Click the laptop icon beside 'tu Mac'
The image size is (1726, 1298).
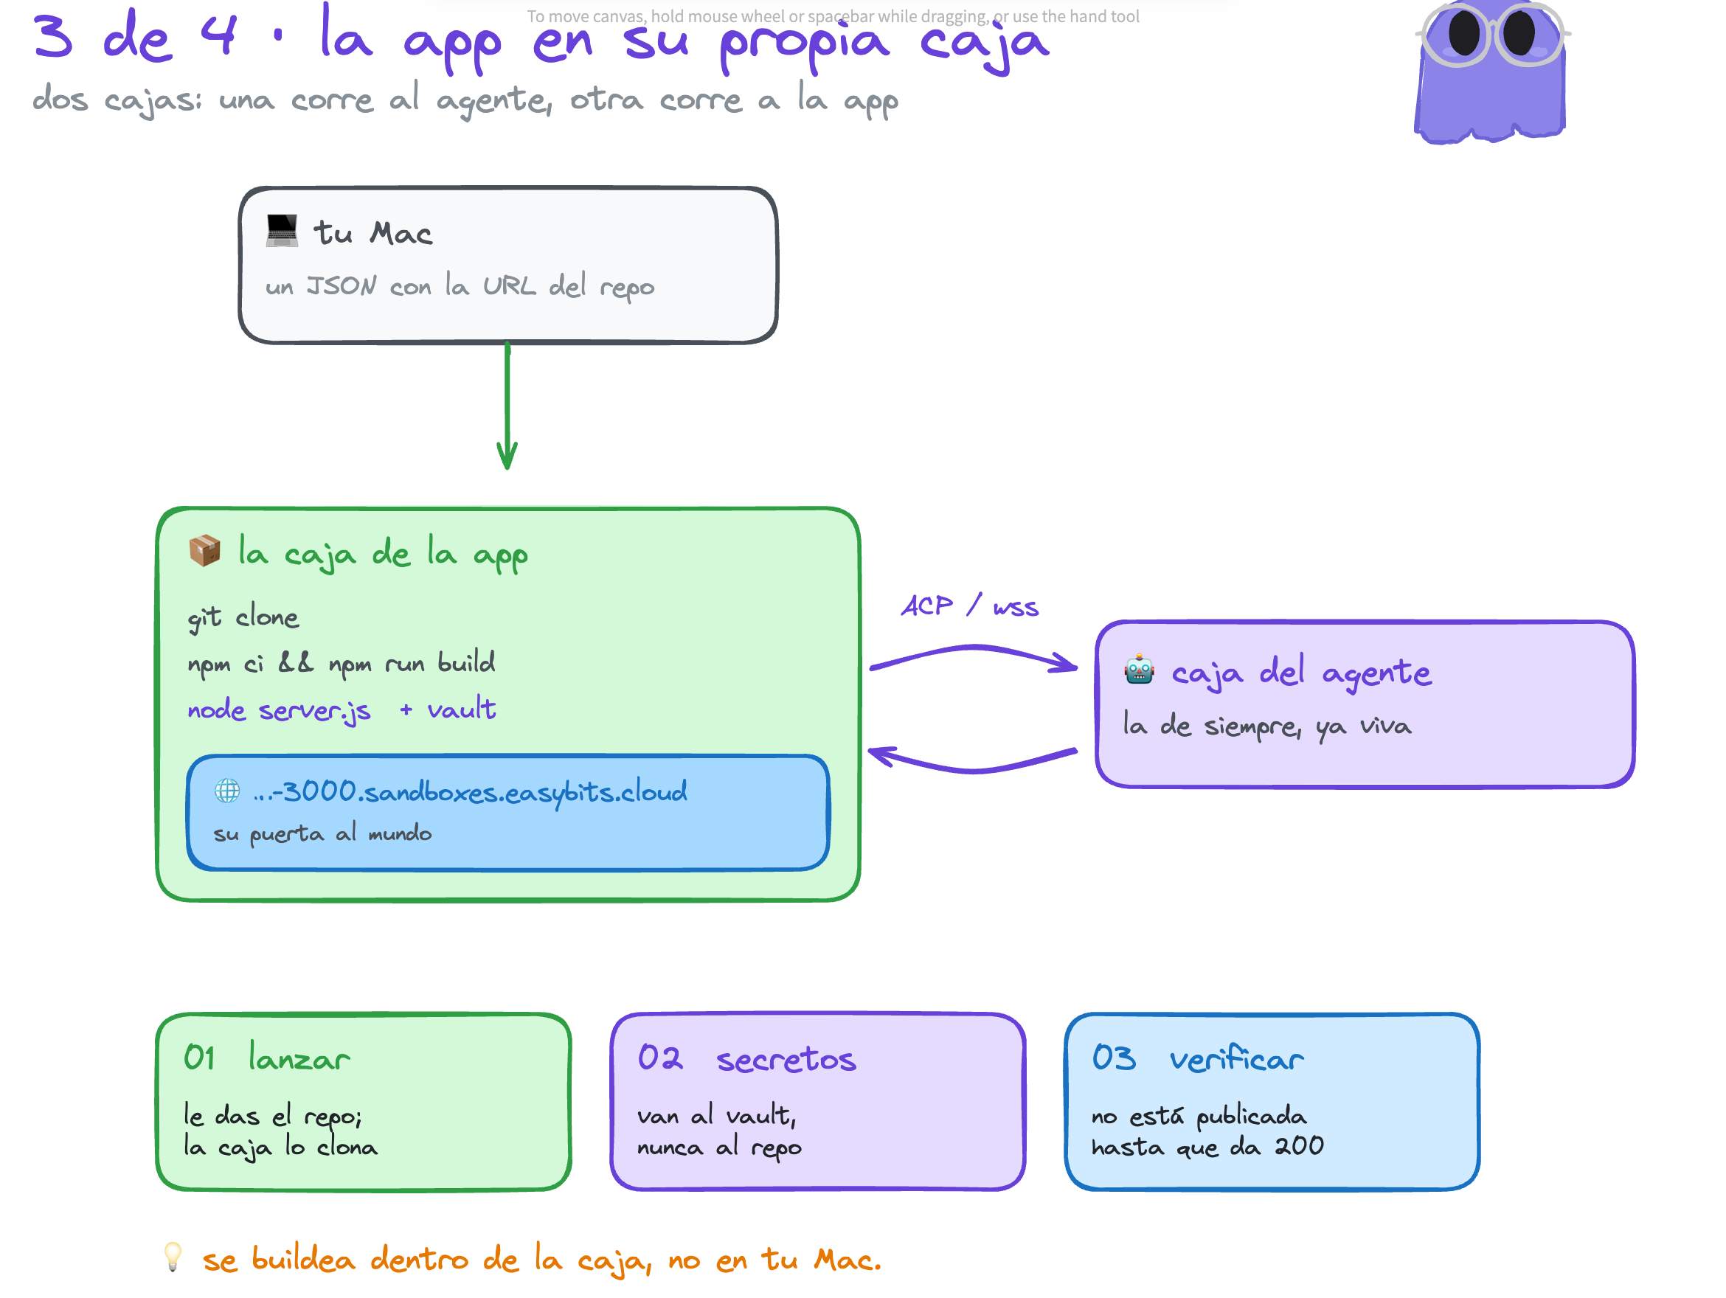[282, 231]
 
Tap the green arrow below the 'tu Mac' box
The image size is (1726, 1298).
[507, 406]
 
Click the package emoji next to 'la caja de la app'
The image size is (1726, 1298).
[204, 551]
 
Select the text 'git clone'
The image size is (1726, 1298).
[243, 618]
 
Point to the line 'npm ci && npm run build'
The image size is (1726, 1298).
[341, 663]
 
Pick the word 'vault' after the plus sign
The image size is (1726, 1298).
[461, 709]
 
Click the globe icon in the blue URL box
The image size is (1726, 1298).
[227, 791]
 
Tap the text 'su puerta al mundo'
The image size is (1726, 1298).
[322, 834]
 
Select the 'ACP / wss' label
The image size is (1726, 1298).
[970, 606]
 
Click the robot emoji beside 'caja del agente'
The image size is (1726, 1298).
[1139, 670]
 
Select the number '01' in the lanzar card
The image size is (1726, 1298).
[199, 1058]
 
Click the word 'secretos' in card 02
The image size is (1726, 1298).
[786, 1059]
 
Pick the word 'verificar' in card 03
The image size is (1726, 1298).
[1236, 1058]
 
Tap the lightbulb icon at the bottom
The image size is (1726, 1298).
[173, 1257]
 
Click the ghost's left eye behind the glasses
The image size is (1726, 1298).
[1464, 32]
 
